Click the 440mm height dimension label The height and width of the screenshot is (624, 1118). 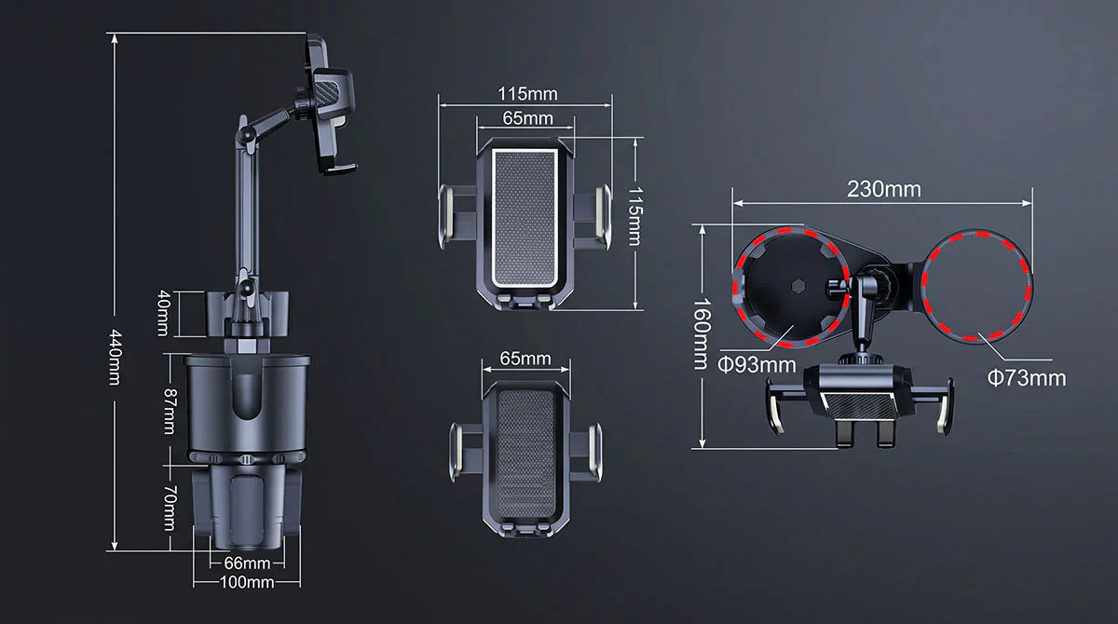[x=115, y=357]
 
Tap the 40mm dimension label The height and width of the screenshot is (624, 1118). [x=164, y=313]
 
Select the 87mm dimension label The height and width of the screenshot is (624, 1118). [x=170, y=412]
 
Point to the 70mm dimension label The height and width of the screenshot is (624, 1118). [x=170, y=508]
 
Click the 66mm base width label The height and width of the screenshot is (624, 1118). [x=247, y=563]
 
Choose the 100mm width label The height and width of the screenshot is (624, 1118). [x=247, y=582]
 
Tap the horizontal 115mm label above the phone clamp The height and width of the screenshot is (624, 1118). [x=527, y=94]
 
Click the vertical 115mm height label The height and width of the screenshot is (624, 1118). [x=634, y=216]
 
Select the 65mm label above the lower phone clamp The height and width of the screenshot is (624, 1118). [x=525, y=359]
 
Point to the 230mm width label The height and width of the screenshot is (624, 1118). [x=884, y=189]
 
